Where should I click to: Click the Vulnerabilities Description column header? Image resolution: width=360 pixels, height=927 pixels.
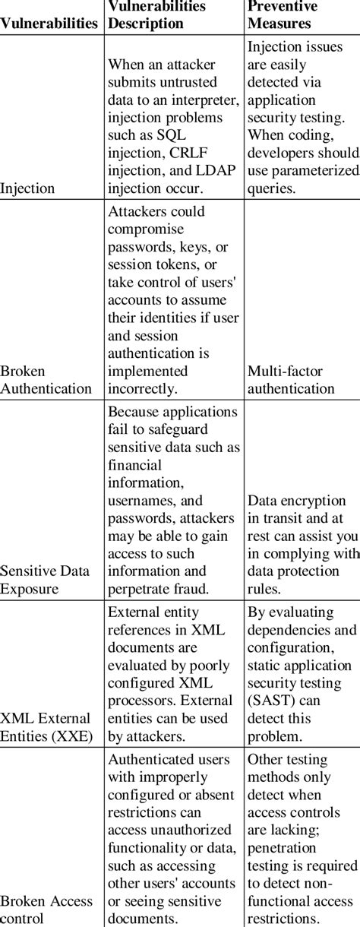pyautogui.click(x=157, y=14)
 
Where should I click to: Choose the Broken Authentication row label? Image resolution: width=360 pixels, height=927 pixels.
pyautogui.click(x=46, y=381)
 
